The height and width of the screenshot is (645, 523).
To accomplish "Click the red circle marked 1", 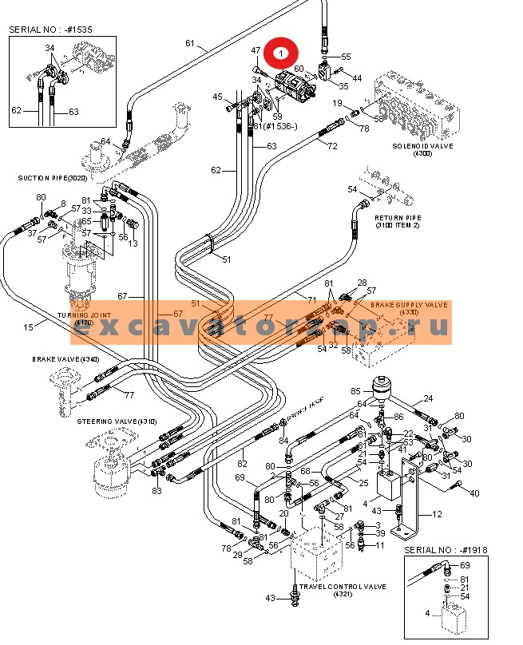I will (x=280, y=53).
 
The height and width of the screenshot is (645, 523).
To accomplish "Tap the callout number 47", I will (x=256, y=50).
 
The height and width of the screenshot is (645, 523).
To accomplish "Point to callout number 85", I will (x=356, y=391).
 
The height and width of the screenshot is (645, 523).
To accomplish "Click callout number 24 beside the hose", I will (x=427, y=398).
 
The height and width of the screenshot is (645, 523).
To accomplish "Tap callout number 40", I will (x=475, y=493).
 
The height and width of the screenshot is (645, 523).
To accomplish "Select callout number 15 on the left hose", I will (x=27, y=327).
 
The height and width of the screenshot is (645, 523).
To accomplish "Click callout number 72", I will (x=332, y=147).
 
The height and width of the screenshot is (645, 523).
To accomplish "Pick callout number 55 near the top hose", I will (x=346, y=57).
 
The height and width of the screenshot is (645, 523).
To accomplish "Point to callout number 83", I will (x=157, y=491).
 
